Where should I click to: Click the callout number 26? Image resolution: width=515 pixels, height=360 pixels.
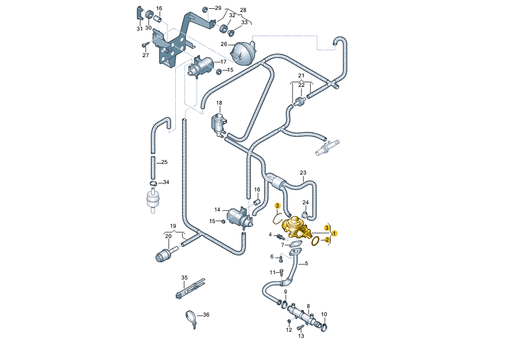pos(224,44)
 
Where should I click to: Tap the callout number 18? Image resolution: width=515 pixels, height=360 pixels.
pos(219,103)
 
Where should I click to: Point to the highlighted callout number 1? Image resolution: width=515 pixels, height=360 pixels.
pos(335,233)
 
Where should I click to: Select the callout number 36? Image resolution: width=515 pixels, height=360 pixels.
pos(206,315)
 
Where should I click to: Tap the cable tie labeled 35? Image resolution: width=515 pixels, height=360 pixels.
pos(189,289)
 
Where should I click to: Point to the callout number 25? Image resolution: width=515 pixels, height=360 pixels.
pos(164,162)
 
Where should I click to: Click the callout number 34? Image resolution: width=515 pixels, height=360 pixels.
pos(166,182)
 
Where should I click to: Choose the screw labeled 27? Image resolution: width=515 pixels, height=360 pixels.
pos(145,44)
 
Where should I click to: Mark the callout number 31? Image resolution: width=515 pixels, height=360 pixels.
pos(140,29)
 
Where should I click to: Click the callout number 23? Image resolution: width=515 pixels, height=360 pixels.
pos(303,173)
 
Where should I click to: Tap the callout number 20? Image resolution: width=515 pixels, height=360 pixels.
pos(168,236)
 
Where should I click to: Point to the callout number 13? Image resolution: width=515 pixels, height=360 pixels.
pos(300,336)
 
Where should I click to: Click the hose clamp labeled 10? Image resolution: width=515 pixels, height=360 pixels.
pos(324,326)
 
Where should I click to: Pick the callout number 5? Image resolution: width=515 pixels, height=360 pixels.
pos(307,264)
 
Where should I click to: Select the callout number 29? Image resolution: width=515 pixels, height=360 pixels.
pos(218,8)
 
